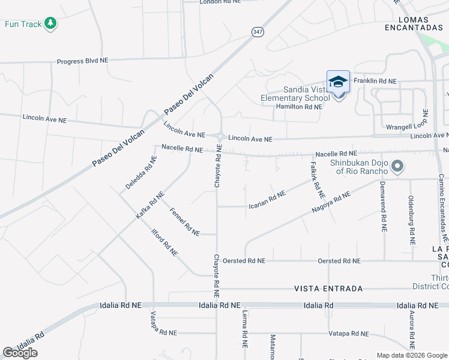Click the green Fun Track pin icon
coord(50,23)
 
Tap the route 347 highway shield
coord(257,32)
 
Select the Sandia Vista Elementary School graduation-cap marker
coord(338,82)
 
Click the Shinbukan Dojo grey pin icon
coord(396,166)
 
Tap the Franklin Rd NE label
coord(375,81)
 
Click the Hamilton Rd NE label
coord(298,107)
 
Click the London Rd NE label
coord(220,2)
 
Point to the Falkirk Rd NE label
coord(317,179)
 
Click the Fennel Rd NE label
coord(185,221)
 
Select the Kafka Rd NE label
coord(149,205)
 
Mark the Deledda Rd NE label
coord(140,173)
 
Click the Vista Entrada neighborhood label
coord(328,289)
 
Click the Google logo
coord(20,353)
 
